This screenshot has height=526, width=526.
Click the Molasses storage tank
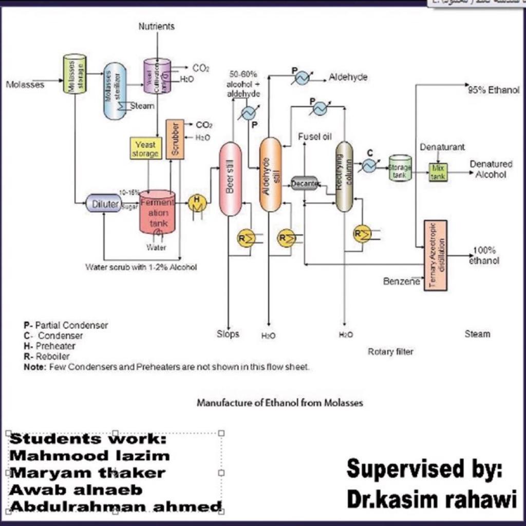(74, 73)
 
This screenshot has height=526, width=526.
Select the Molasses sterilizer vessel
(114, 91)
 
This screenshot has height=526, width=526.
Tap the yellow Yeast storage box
(146, 148)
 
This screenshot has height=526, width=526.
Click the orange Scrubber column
(175, 139)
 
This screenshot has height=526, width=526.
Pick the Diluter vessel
(103, 204)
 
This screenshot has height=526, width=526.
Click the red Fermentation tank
(158, 212)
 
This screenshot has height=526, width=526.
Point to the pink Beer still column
(231, 179)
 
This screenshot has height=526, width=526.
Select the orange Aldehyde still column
(270, 175)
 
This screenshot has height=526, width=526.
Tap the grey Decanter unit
(304, 183)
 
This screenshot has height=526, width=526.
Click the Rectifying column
(344, 177)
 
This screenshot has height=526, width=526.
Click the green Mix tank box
(438, 172)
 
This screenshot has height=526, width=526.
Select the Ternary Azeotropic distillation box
(435, 255)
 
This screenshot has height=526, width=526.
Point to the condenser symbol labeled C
(368, 165)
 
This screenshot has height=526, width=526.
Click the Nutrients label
(157, 26)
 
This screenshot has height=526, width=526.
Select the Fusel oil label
(315, 137)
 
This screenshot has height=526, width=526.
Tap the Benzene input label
(402, 281)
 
